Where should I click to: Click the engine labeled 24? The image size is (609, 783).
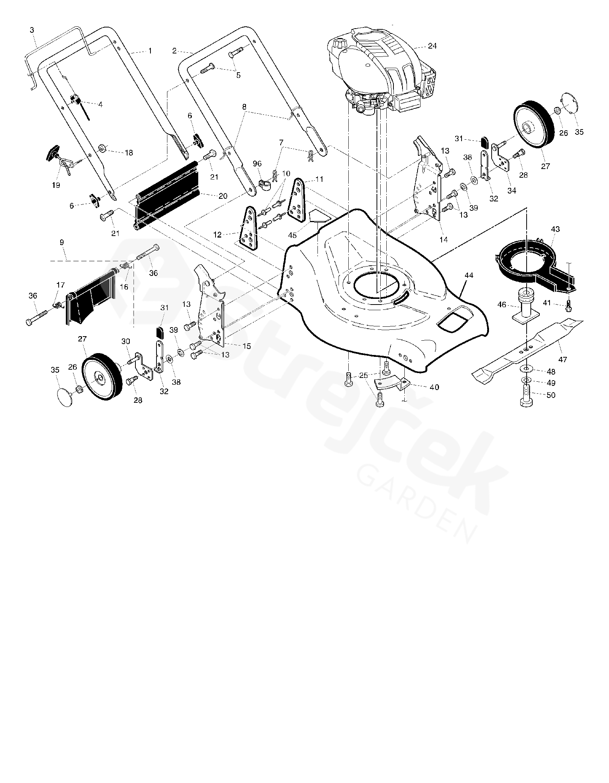click(380, 72)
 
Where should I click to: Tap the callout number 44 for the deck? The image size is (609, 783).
click(469, 275)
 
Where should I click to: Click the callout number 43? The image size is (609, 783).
click(555, 229)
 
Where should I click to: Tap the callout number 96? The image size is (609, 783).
click(257, 164)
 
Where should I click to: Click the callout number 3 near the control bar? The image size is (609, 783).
click(32, 30)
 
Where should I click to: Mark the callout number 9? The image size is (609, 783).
click(62, 242)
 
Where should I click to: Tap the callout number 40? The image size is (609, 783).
click(434, 387)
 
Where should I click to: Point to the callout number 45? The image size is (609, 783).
click(292, 235)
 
